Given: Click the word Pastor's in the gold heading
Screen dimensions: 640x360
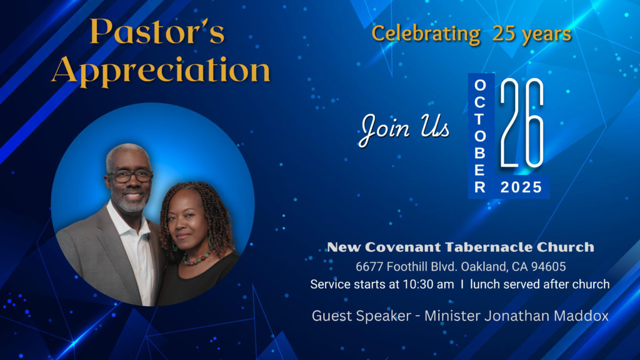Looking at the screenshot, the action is coord(157,31).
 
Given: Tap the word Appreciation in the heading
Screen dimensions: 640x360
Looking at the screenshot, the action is coord(161,71).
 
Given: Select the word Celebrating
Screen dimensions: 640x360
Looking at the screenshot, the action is coord(426,34).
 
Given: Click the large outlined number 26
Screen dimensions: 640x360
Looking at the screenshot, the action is coord(522,123).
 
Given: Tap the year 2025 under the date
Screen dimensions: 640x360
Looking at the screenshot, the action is coord(521,187).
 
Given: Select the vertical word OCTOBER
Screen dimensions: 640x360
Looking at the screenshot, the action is coord(480,136).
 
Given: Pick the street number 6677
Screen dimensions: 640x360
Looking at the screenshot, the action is coord(369,266).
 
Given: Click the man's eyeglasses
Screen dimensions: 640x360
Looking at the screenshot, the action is coord(130,176).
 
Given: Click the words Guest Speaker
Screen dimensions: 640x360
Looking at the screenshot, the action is coord(362,316).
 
